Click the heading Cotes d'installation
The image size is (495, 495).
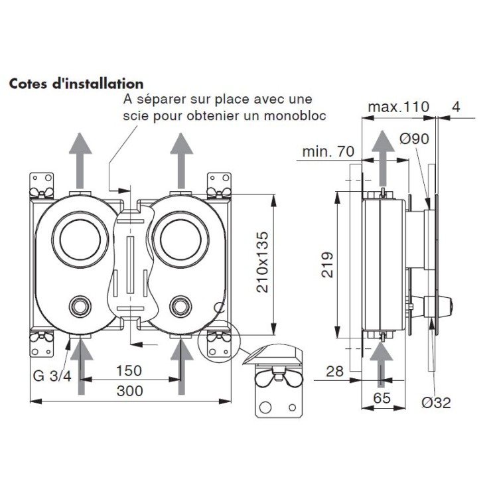click(76, 84)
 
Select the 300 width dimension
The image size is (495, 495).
click(129, 391)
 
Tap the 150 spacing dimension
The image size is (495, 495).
click(129, 370)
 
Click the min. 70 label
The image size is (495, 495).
click(328, 152)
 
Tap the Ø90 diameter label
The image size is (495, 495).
click(415, 139)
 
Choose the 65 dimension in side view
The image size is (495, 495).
click(382, 398)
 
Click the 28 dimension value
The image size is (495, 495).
click(335, 371)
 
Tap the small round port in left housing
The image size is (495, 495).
click(81, 307)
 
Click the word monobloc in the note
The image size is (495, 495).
click(306, 116)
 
